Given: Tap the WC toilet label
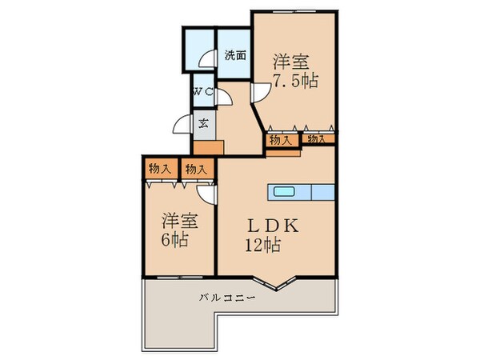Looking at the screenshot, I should (x=201, y=92).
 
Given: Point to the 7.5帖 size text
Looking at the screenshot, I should (x=294, y=81).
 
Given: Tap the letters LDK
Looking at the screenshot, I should (x=271, y=226).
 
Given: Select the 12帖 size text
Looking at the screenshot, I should (x=264, y=246).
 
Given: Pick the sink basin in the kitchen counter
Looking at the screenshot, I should (x=284, y=191).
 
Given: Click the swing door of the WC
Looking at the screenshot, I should (x=226, y=97).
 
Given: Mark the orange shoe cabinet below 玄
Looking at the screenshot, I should (x=208, y=147).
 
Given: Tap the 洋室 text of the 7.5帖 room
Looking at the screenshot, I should (x=291, y=60).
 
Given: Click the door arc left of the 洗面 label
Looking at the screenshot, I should (x=207, y=58).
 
